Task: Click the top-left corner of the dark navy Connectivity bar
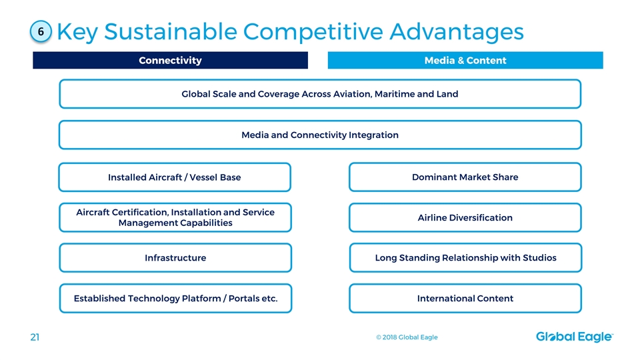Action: click(33, 52)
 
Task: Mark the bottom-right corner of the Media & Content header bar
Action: click(603, 69)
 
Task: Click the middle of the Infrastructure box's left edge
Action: click(59, 258)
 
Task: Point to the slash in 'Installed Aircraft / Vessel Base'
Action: click(186, 177)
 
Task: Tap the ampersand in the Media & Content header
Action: click(461, 61)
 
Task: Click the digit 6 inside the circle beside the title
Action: click(41, 32)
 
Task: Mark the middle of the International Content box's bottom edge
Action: click(465, 313)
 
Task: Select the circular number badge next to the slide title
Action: click(41, 31)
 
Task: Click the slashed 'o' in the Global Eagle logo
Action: click(553, 337)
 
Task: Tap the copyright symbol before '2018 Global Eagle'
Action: click(379, 337)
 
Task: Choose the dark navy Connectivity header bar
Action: click(171, 61)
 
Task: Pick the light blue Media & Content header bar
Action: click(465, 61)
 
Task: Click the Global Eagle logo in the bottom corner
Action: click(574, 337)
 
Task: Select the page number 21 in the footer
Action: click(35, 337)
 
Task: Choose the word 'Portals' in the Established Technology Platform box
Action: click(244, 299)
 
